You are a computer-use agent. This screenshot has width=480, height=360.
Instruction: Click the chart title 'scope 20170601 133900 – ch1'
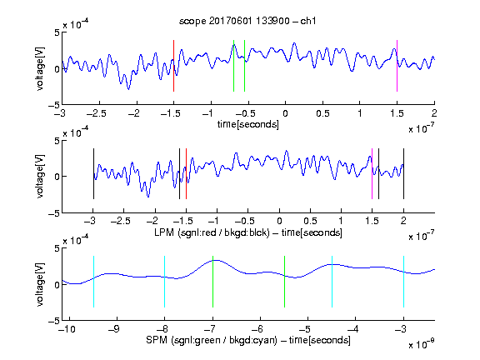point(247,21)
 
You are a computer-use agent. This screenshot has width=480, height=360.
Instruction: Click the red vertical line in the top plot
point(173,66)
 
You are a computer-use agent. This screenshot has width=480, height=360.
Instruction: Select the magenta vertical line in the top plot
point(397,66)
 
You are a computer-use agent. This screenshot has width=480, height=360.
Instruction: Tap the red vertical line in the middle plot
point(186,174)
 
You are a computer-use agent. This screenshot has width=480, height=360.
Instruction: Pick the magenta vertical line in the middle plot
point(372,174)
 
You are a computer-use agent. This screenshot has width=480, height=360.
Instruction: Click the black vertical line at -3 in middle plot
point(93,174)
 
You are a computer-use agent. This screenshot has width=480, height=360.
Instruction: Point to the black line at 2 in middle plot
point(403,174)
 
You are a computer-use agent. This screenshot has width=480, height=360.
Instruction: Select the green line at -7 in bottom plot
point(212,282)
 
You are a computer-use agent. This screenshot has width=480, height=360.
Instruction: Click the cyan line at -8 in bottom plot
point(165,282)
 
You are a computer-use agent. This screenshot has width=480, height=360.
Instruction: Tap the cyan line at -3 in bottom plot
point(404,282)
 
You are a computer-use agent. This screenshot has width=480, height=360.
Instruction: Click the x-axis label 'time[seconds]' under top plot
point(248,125)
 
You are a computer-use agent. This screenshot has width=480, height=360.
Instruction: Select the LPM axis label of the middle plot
point(248,232)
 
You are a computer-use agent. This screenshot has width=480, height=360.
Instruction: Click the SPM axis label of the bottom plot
point(248,340)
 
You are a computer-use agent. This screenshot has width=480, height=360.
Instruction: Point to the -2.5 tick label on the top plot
point(97,114)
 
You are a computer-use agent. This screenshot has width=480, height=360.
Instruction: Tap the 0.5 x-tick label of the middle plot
point(310,221)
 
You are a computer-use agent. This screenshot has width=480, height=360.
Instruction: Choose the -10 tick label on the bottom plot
point(67,329)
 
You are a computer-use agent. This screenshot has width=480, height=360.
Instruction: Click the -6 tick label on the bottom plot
point(257,329)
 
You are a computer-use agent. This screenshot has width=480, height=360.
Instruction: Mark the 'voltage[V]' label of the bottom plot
point(40,284)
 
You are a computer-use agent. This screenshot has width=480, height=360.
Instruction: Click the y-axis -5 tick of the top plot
point(54,105)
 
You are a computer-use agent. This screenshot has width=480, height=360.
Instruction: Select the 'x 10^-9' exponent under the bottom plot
point(422,344)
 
